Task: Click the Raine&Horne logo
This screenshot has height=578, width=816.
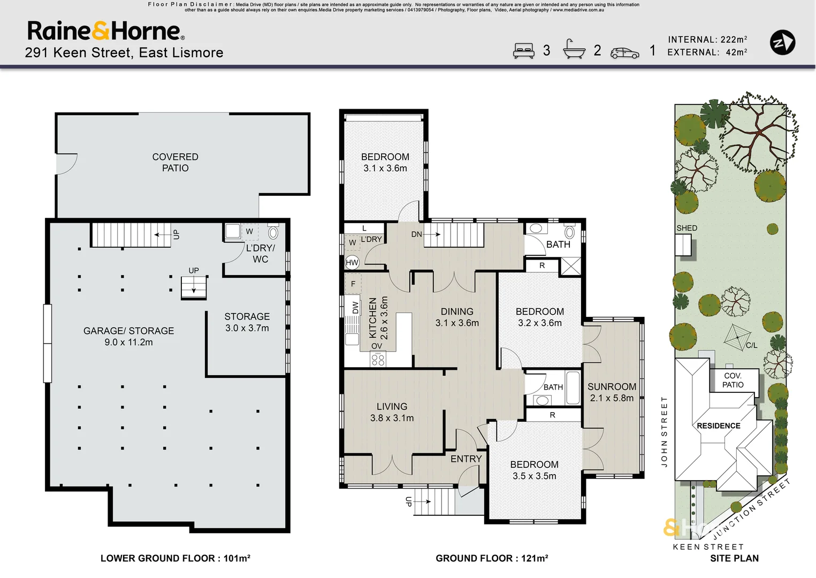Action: point(106,31)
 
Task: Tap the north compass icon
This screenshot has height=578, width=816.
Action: point(782,42)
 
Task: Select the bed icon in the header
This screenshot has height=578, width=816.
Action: point(523,51)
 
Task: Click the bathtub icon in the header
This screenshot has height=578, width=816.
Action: point(574,49)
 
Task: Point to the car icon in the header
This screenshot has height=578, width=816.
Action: point(624,53)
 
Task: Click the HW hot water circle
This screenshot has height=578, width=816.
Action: point(352,262)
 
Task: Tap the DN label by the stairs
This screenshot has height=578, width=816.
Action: point(416,234)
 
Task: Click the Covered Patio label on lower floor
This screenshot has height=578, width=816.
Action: point(175,162)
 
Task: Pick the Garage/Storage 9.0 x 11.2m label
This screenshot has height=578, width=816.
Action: point(128,337)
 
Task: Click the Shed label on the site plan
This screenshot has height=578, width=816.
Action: point(687,228)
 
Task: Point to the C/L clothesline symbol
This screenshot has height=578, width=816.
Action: point(737,338)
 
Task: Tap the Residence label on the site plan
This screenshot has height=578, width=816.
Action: point(719,425)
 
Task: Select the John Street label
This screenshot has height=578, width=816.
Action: point(664,432)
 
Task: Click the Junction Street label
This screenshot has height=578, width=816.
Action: point(751,509)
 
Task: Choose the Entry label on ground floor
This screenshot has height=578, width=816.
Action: point(466,459)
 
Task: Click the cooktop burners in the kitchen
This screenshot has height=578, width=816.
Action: point(378,359)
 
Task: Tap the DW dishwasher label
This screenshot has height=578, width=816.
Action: point(355,307)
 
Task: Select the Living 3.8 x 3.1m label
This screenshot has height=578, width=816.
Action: point(392,412)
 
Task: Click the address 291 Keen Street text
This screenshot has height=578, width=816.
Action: point(124,53)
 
